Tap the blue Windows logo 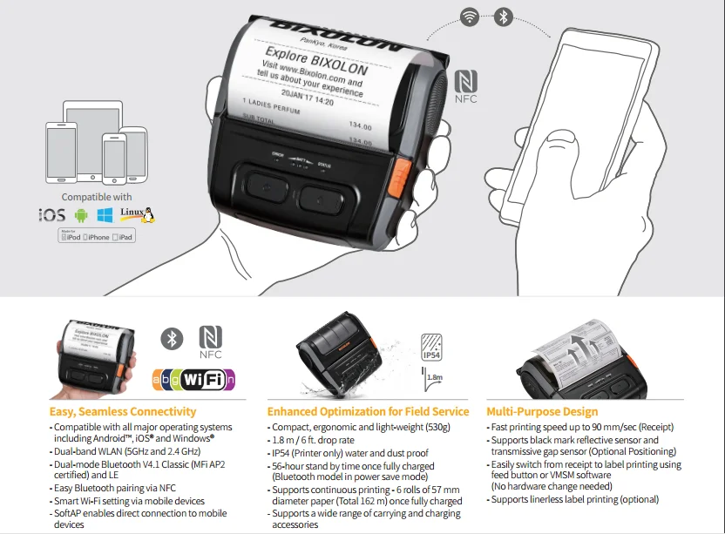click(x=105, y=214)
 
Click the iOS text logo click(x=52, y=214)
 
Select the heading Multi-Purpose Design click(x=542, y=411)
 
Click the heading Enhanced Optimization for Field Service click(x=368, y=411)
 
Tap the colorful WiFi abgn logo click(x=194, y=379)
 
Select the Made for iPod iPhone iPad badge click(x=97, y=237)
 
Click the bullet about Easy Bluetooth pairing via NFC click(x=116, y=490)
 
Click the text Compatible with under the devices click(x=97, y=198)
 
